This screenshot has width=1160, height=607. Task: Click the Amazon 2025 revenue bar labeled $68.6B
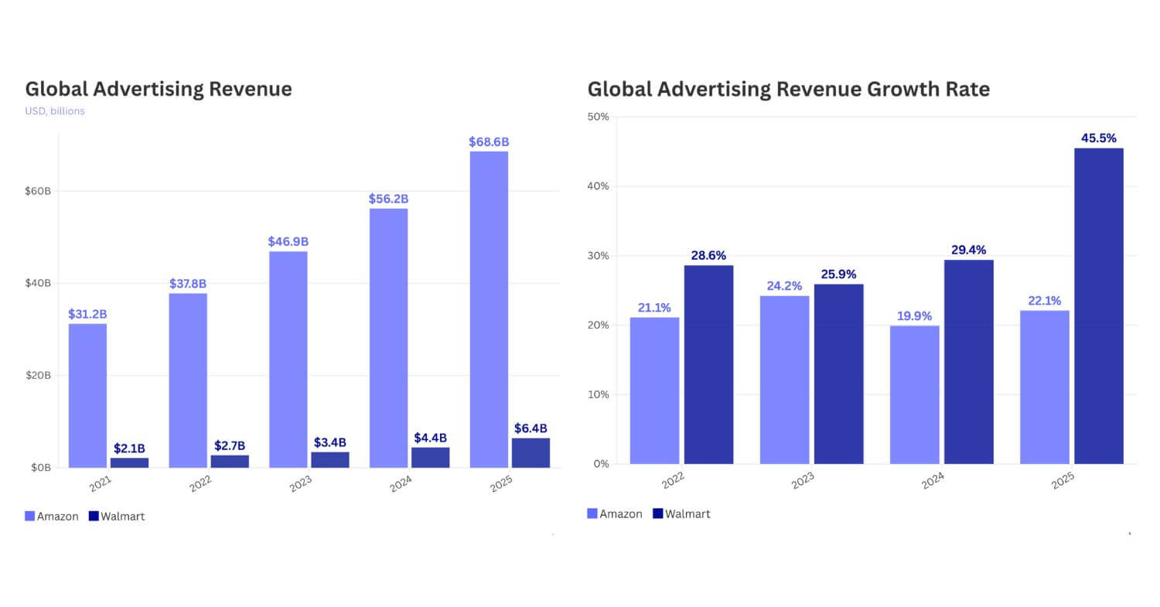pos(489,309)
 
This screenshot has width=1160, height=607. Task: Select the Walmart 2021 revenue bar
pos(129,462)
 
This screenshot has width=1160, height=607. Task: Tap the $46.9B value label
pos(288,242)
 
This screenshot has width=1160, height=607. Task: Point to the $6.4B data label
pos(531,428)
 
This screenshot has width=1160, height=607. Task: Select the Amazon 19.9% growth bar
pos(915,394)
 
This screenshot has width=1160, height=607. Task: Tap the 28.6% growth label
pos(708,256)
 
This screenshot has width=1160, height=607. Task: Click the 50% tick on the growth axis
pos(599,117)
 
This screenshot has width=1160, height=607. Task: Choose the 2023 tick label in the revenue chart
pos(302,484)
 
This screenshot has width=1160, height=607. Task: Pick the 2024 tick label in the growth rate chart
pos(933,481)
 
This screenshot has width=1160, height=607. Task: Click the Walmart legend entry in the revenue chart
pos(117,517)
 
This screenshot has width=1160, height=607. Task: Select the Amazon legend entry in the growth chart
pos(615,513)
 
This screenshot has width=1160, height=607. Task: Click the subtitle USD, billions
pos(55,111)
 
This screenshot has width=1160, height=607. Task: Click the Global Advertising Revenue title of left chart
pos(159,89)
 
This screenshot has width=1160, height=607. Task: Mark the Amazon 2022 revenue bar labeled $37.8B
pos(188,380)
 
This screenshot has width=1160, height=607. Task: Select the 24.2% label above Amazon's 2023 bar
pos(784,286)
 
